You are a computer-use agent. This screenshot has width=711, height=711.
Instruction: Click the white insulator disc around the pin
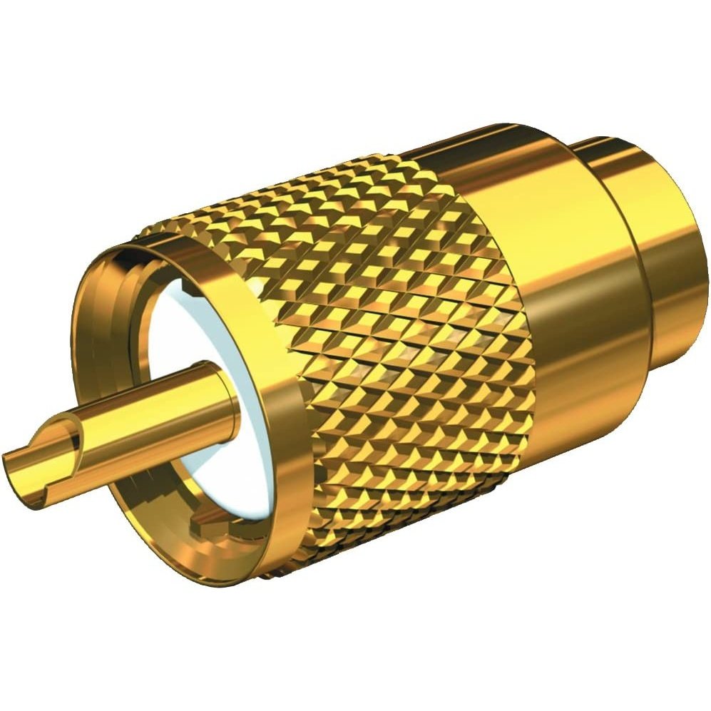(178, 335)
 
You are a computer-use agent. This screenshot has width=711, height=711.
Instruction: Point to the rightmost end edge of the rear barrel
(706, 285)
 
